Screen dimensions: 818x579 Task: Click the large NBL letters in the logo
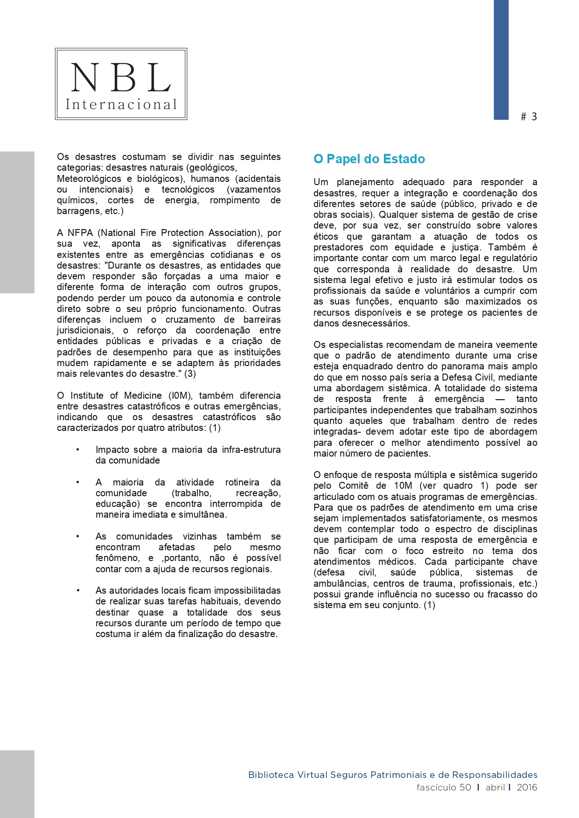tap(121, 77)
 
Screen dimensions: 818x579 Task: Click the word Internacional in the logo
tap(121, 104)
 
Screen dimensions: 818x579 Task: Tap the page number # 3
tap(529, 117)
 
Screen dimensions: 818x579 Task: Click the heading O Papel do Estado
tap(369, 159)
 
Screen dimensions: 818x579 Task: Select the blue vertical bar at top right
tap(501, 60)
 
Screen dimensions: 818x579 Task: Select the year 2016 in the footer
tap(527, 787)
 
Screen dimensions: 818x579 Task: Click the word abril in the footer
tap(495, 787)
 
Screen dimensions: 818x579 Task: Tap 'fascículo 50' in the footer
tap(444, 787)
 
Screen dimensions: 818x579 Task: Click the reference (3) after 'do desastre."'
tap(190, 374)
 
